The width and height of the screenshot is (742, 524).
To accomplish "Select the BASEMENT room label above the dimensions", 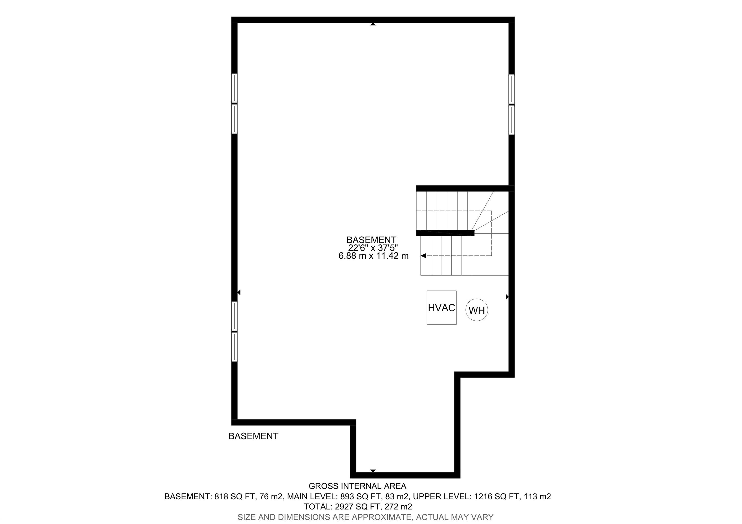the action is click(x=371, y=240).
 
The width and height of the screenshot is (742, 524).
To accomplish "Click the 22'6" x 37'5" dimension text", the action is click(x=373, y=248).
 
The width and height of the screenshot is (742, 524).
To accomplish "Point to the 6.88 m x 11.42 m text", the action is click(x=374, y=256).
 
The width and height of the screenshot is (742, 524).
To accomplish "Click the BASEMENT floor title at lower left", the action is click(x=253, y=436).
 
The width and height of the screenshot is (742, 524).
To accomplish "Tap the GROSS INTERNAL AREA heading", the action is click(x=357, y=486).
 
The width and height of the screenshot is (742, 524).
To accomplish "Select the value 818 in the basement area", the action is click(x=221, y=496).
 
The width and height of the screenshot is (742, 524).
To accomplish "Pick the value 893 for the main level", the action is click(x=347, y=496).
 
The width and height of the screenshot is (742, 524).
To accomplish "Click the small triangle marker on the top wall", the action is click(x=373, y=24).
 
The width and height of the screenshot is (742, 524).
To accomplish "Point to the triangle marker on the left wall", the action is click(x=239, y=292).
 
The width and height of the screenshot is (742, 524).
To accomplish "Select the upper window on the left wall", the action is click(x=234, y=103).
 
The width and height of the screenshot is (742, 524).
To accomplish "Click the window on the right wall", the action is click(x=512, y=104).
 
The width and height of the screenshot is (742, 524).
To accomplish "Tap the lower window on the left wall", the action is click(x=234, y=332).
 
